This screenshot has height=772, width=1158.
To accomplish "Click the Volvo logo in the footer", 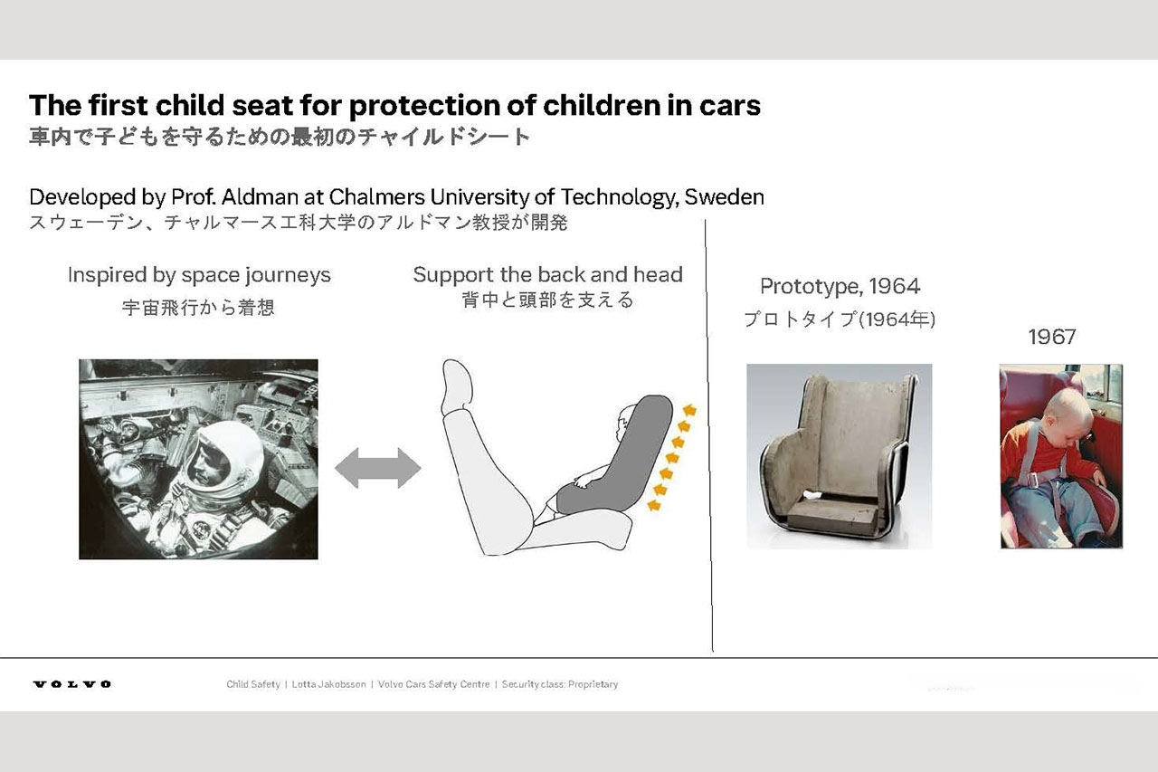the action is pos(72,684).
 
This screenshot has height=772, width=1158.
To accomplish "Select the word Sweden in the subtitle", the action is pos(725,197).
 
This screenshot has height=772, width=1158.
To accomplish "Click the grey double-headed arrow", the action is pos(378,469).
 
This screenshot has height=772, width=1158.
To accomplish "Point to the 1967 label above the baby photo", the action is pos(1052,338).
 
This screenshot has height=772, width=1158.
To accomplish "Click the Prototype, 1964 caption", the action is pos(840,287).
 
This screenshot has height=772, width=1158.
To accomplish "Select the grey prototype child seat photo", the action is pos(839,456).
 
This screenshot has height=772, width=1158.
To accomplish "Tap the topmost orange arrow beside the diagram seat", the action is pos(689,410).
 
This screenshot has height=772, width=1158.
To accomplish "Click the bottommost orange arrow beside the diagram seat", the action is pos(654,505).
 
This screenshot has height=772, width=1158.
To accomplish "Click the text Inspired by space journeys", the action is pos(199,275).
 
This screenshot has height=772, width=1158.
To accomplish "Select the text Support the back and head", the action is pos(548,274).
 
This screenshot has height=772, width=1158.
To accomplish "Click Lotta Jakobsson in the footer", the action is pos(328,684).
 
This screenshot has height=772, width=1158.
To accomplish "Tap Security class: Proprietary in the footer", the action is pos(560,684).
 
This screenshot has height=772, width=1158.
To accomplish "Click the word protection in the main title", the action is pos(424,106).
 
